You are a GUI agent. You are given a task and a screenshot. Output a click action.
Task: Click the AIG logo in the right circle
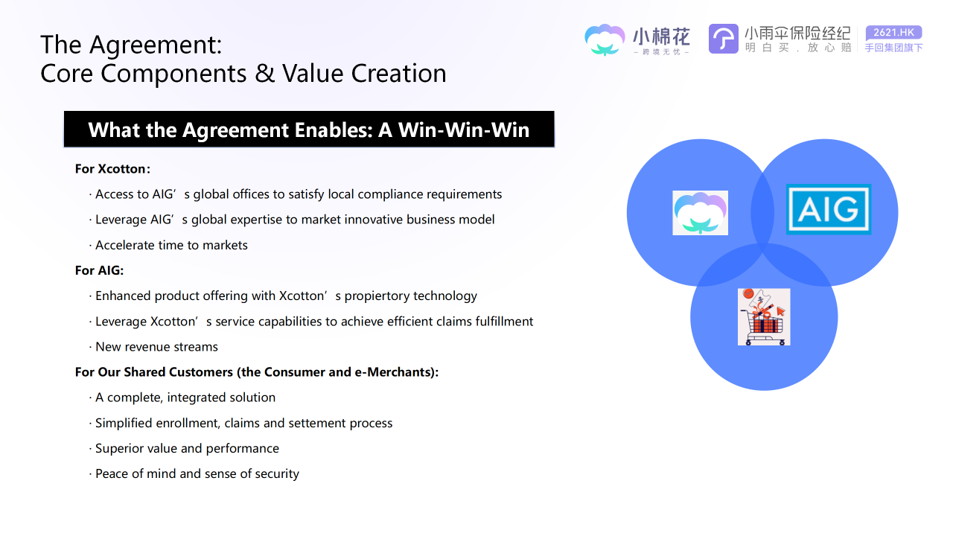coord(829,209)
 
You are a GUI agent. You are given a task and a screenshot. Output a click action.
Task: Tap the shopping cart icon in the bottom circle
coord(764,317)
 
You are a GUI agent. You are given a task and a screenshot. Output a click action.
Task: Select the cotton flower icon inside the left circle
coord(700,213)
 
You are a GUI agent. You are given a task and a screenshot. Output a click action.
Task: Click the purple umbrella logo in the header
coord(723,39)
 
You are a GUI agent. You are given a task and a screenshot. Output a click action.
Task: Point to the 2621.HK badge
coord(893,32)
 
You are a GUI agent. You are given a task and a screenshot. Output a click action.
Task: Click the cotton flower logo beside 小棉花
coord(605,39)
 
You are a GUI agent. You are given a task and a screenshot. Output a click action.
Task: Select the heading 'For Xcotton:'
coord(112,169)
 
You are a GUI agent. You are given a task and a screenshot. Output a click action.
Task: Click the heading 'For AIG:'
coord(99,270)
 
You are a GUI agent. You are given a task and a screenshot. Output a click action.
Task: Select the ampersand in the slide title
coord(264,73)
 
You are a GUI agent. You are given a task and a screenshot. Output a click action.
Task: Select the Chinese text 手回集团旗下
coord(893,48)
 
